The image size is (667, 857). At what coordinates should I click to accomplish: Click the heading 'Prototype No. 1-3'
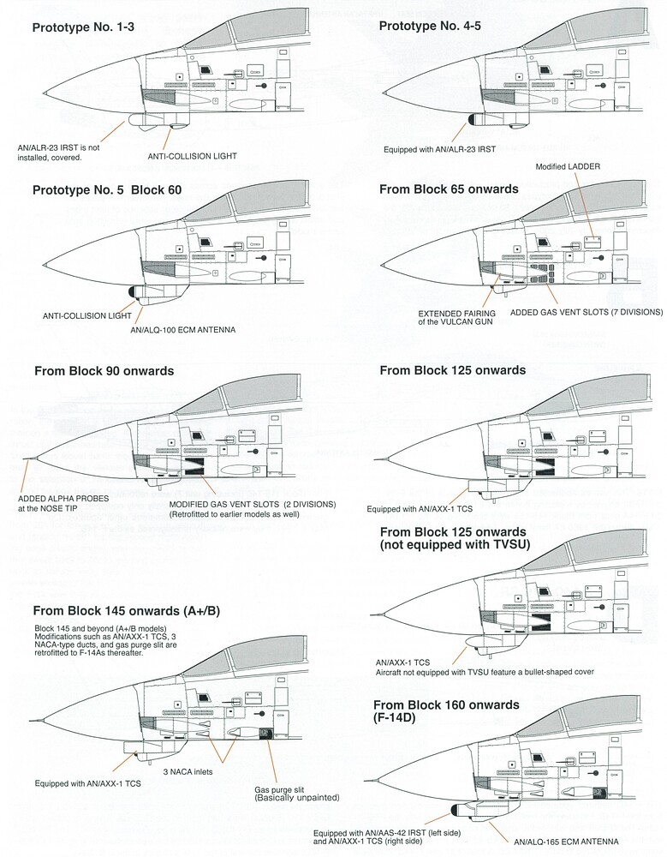[x=83, y=27]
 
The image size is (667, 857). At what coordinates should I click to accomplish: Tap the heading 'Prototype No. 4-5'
[x=430, y=26]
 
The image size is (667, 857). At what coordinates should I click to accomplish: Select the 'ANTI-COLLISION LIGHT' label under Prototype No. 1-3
[x=193, y=156]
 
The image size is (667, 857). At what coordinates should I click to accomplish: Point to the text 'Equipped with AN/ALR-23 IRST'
[x=440, y=149]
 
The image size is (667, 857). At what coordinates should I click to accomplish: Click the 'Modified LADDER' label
[x=568, y=167]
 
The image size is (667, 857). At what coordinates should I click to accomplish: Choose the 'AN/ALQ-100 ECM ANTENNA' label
[x=183, y=330]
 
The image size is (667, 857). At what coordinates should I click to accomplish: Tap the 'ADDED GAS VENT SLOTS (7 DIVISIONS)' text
[x=587, y=312]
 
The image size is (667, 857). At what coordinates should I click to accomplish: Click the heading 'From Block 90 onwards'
[x=104, y=371]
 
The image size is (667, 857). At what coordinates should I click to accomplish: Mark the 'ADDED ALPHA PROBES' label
[x=63, y=499]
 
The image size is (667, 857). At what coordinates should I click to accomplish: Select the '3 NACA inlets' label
[x=188, y=772]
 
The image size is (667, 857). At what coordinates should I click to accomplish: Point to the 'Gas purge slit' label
[x=279, y=790]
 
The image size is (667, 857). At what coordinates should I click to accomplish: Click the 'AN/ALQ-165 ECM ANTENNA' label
[x=566, y=842]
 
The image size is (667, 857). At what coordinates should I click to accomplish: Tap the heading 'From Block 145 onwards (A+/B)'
[x=126, y=610]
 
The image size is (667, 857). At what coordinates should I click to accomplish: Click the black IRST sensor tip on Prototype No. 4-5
[x=473, y=120]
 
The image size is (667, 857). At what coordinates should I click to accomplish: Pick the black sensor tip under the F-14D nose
[x=455, y=810]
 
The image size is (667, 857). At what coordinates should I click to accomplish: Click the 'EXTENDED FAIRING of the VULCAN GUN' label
[x=456, y=318]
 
